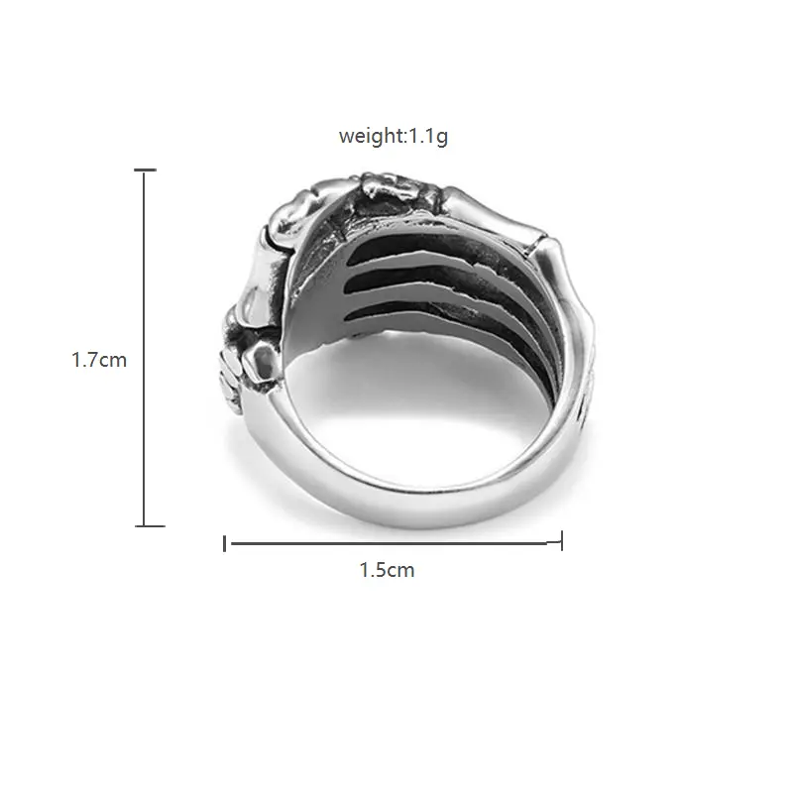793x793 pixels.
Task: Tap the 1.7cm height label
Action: point(99,360)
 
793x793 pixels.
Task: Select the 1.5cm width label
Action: point(387,570)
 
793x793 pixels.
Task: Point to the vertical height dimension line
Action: point(145,348)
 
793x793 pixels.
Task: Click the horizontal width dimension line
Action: point(394,543)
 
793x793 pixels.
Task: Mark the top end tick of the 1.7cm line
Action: point(145,170)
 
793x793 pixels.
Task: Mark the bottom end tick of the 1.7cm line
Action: point(150,526)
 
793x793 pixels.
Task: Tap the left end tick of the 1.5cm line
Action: point(225,543)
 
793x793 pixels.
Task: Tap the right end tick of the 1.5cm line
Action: point(562,540)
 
